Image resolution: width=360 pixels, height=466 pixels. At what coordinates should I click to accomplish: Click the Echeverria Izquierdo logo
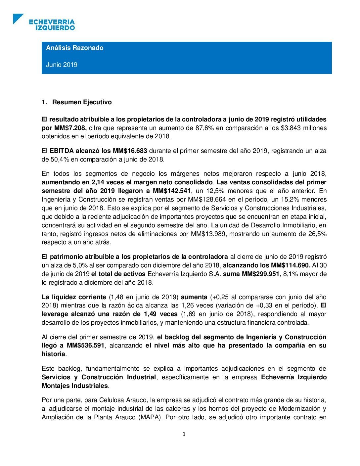(x=44, y=22)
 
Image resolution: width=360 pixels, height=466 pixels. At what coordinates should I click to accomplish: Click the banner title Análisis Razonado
(x=74, y=48)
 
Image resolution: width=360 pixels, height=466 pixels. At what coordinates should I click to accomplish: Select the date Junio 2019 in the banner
(x=62, y=65)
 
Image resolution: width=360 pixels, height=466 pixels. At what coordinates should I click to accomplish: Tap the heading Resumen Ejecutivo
(x=82, y=102)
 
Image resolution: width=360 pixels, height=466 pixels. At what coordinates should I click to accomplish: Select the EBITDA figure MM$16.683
(x=130, y=151)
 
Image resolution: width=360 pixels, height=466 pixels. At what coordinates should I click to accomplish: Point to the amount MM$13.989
(x=208, y=234)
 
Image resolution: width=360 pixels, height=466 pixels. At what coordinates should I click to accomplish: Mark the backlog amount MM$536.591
(x=86, y=346)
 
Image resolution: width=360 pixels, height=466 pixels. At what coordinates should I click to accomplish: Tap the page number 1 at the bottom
(x=184, y=434)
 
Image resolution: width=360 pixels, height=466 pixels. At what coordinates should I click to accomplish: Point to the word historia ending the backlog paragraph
(x=53, y=354)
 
